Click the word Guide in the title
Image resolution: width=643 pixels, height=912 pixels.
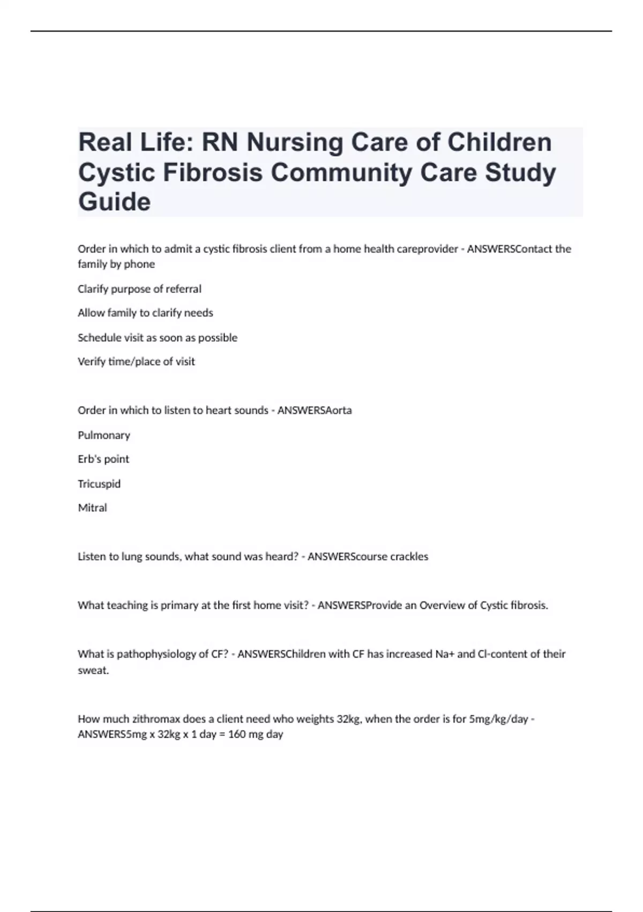(115, 202)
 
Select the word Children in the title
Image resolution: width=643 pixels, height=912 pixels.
(499, 143)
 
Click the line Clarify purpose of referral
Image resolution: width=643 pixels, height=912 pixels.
(139, 289)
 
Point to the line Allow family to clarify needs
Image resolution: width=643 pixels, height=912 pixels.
(145, 313)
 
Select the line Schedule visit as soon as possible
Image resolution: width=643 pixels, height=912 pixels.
(158, 337)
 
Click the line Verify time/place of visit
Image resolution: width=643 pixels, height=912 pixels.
(136, 362)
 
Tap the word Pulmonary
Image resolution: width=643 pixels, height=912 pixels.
(104, 435)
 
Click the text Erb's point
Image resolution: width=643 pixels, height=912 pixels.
(103, 459)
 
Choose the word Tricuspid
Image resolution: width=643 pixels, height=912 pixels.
(99, 484)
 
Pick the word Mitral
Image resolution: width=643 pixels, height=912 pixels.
(92, 508)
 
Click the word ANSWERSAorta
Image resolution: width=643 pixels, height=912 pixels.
(315, 410)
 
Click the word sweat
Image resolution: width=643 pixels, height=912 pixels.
(93, 670)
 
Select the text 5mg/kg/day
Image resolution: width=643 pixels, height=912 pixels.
(498, 719)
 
